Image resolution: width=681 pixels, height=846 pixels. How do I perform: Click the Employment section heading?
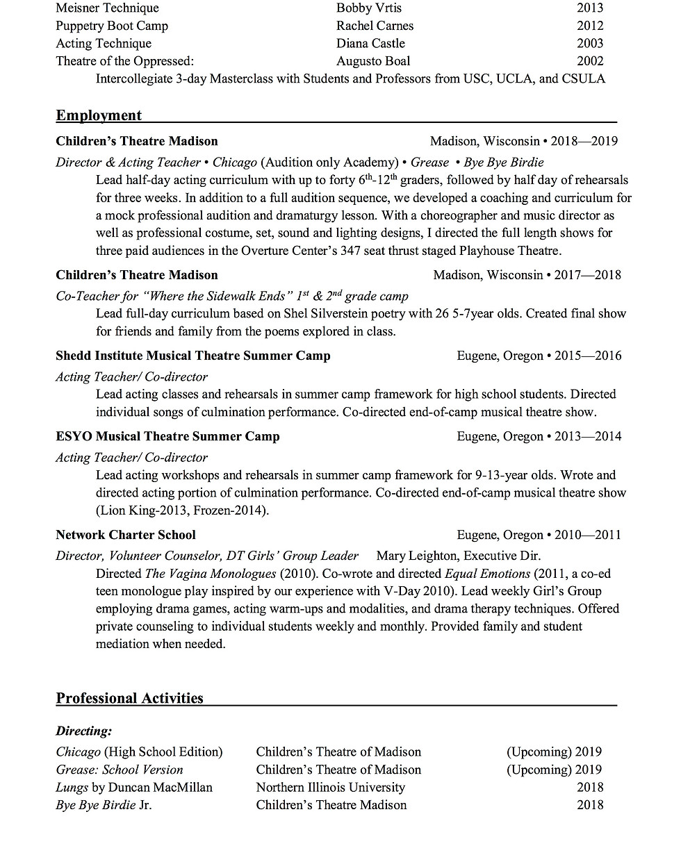[99, 115]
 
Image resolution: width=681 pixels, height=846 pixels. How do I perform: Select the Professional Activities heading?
[129, 698]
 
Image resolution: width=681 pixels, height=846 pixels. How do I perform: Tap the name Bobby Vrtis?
[368, 8]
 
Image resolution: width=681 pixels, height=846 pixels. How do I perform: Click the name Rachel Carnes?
[375, 26]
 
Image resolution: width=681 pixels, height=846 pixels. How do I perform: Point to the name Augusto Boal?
[373, 61]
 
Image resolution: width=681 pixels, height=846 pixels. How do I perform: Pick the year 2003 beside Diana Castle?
[590, 43]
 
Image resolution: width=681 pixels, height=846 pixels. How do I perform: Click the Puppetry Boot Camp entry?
[112, 26]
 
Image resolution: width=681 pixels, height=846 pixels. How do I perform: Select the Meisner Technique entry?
[107, 8]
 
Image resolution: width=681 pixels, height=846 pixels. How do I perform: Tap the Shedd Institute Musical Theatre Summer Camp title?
[193, 356]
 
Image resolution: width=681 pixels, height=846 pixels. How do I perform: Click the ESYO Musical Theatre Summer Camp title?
[167, 436]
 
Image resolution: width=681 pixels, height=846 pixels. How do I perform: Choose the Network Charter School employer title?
[126, 535]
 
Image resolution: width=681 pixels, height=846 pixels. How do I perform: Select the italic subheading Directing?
[84, 731]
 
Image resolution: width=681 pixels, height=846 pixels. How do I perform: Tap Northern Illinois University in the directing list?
[330, 787]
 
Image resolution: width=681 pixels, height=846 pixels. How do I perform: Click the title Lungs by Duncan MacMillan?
[134, 787]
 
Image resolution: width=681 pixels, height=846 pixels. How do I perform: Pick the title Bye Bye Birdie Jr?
[104, 805]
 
